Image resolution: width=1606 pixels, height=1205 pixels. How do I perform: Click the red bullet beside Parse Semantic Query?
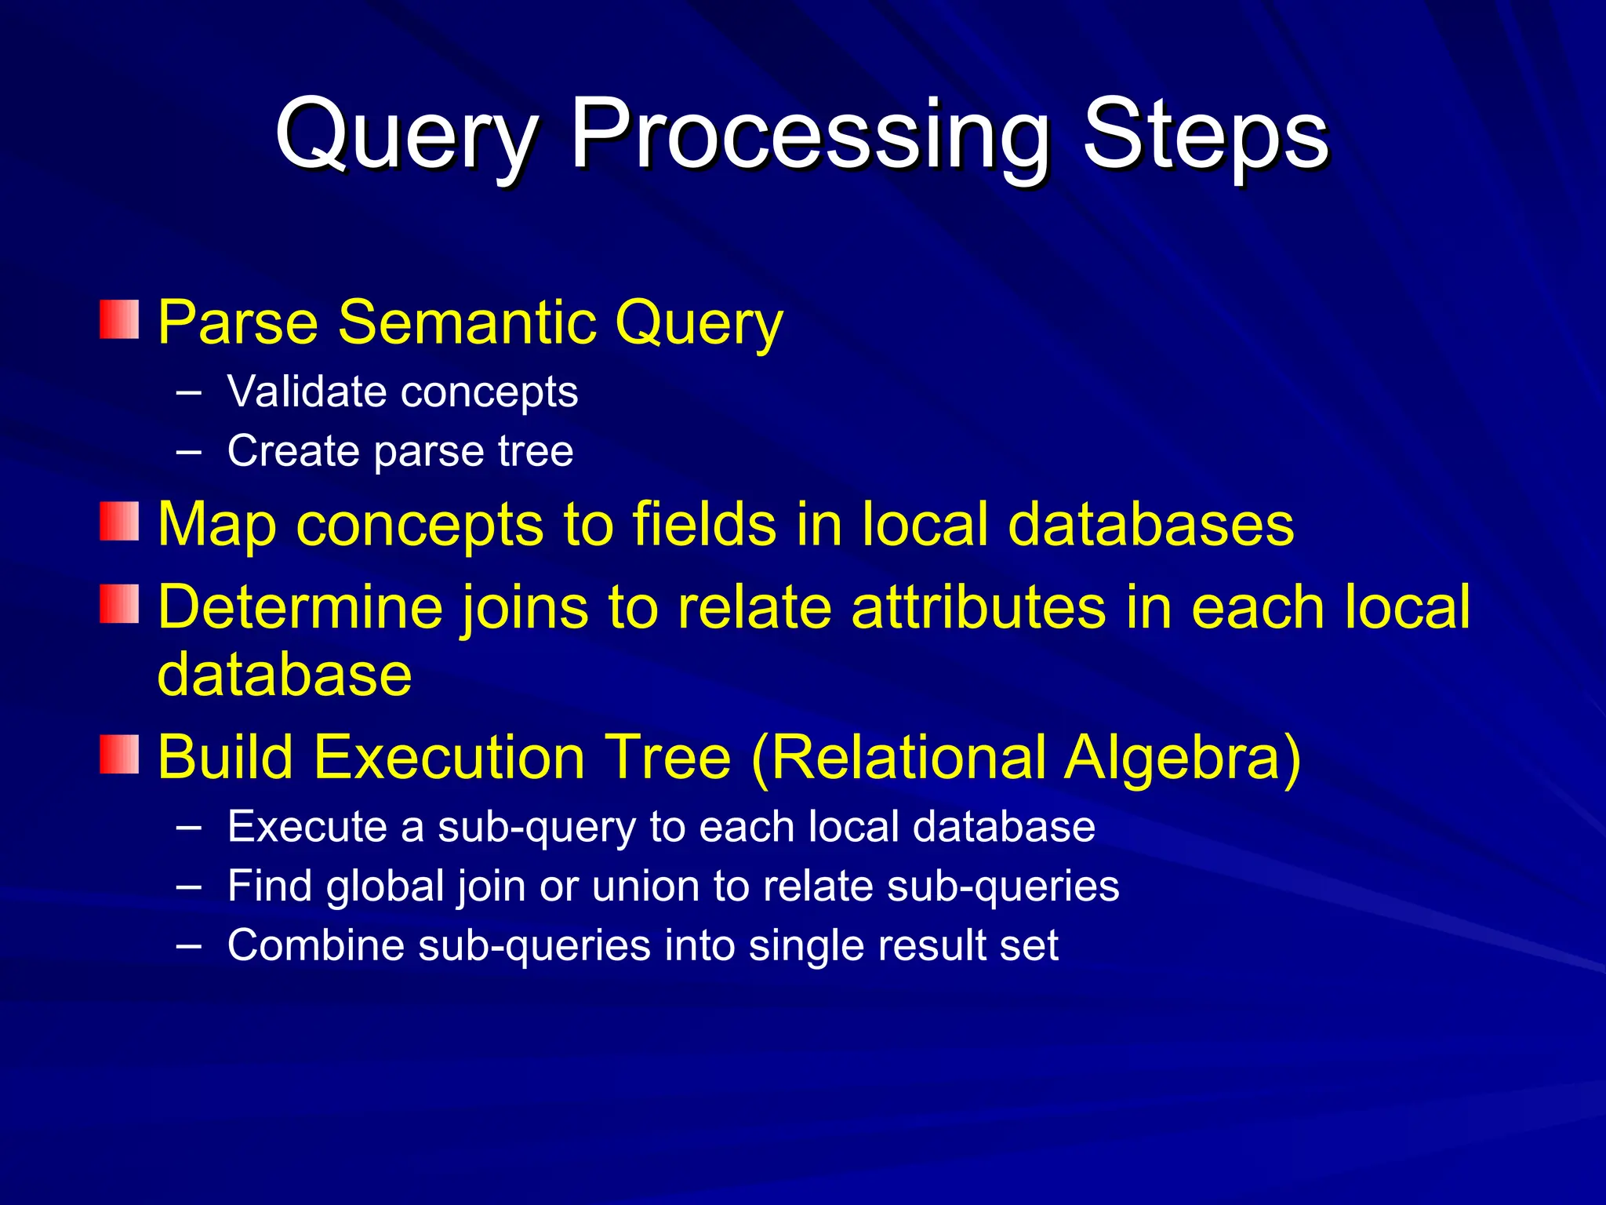[119, 320]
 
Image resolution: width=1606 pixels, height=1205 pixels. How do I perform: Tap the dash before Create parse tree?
[188, 452]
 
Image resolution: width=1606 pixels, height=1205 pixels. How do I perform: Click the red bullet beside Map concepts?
[119, 522]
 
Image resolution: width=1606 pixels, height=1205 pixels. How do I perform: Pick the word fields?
[703, 523]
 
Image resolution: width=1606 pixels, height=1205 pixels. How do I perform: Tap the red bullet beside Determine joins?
[119, 605]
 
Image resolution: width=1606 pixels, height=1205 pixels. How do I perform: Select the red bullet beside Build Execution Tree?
[119, 755]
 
